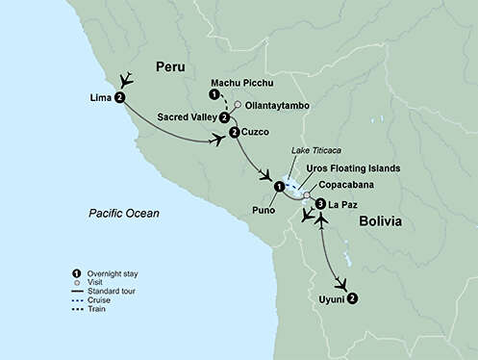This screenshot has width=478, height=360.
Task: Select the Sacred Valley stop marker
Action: [224, 117]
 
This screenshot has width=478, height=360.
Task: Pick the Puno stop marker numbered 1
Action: [279, 186]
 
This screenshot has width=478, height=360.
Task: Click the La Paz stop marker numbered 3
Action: [319, 204]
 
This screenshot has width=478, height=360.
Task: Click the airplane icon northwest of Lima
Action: [125, 80]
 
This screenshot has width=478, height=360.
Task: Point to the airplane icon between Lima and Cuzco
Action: [219, 141]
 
